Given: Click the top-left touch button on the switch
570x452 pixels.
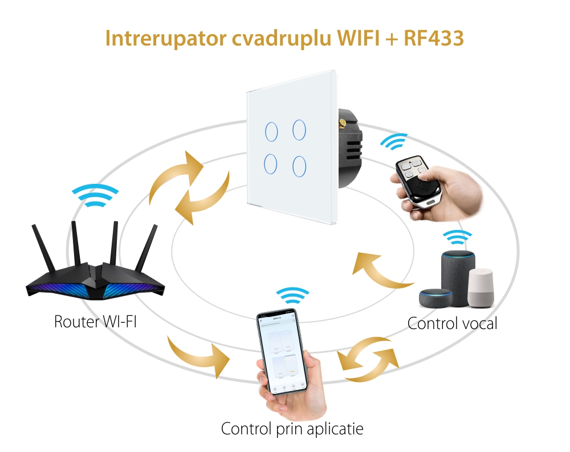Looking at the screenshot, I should [x=271, y=132].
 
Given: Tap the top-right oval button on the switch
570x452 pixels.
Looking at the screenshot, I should [x=299, y=130].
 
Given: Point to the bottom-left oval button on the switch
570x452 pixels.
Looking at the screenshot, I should [x=271, y=165].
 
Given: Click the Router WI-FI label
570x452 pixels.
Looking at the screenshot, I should [x=95, y=321].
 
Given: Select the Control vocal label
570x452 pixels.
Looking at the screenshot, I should [x=452, y=323].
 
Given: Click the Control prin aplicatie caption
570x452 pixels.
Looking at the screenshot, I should [x=292, y=428].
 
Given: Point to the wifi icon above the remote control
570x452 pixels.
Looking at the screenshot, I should [x=395, y=142].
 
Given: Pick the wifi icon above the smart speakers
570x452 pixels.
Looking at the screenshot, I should [x=458, y=237].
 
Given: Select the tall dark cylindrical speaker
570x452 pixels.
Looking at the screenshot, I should [x=458, y=272].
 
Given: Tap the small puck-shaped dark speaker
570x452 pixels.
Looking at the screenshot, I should [x=435, y=298].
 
